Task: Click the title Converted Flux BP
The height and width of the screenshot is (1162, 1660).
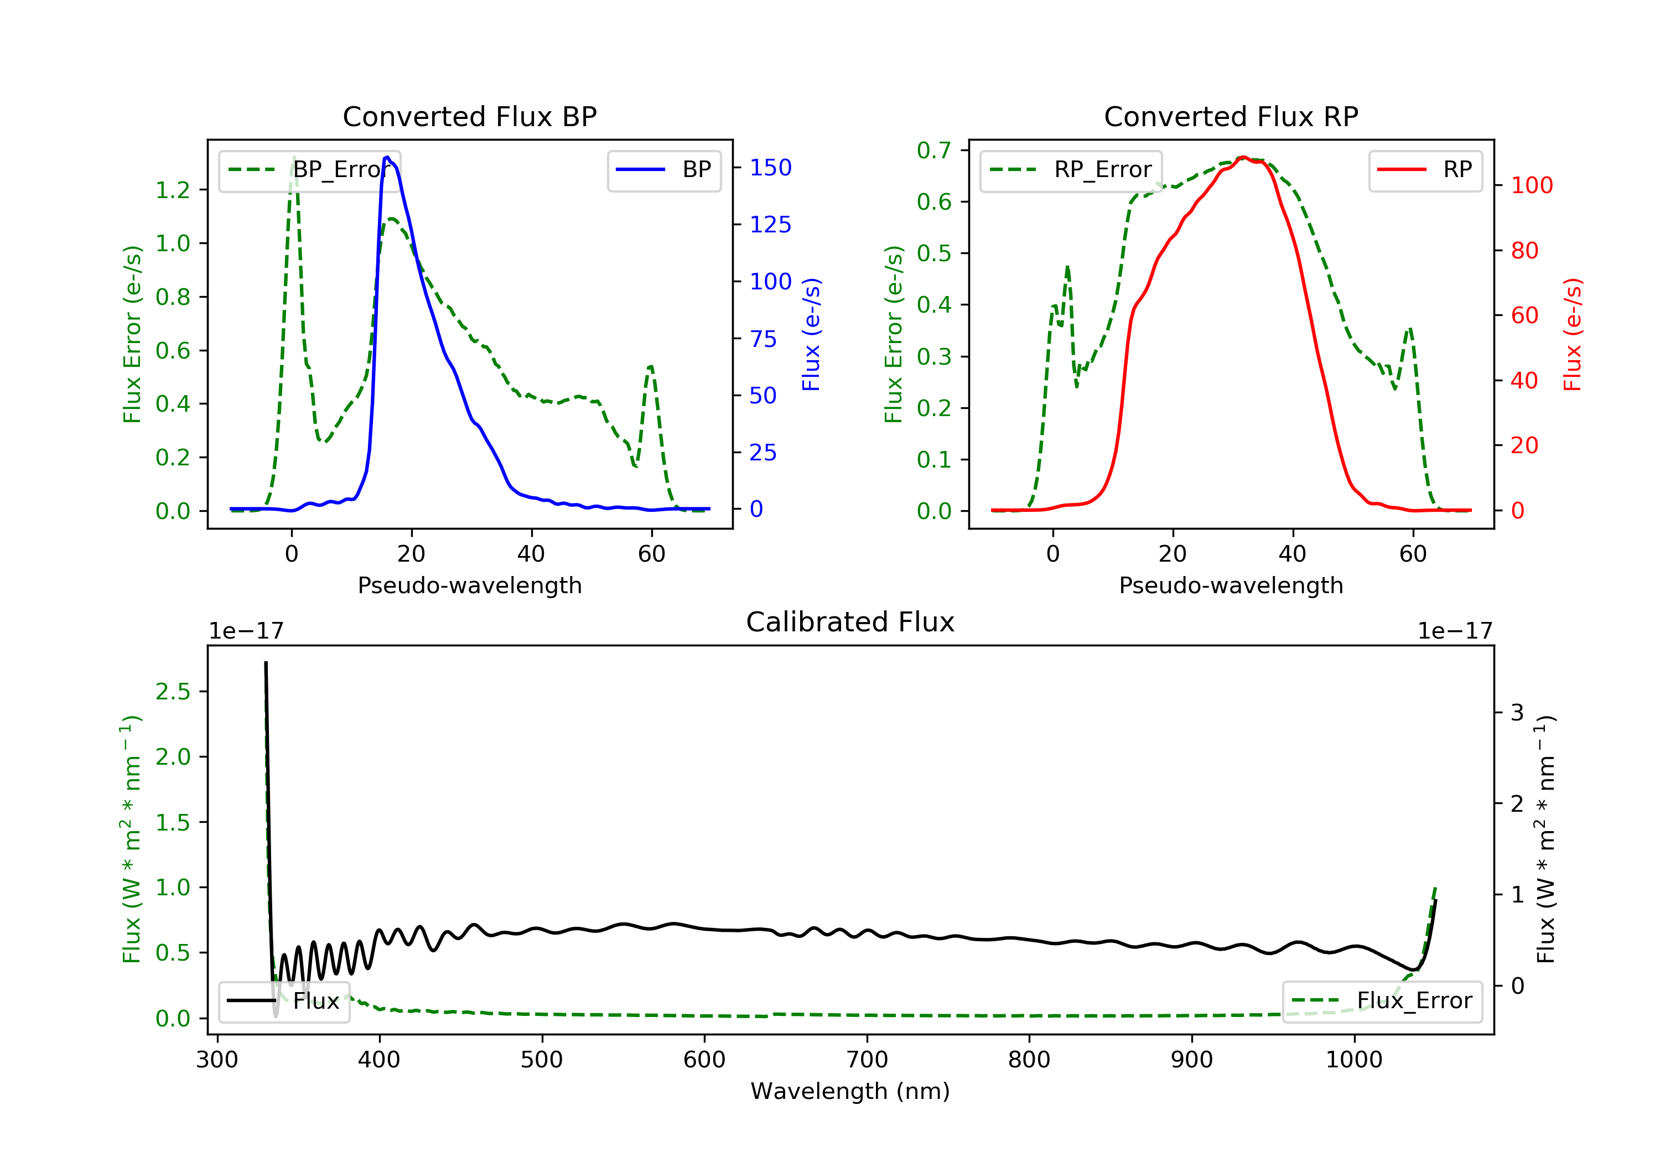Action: point(469,116)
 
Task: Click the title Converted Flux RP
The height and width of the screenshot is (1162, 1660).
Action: point(1231,116)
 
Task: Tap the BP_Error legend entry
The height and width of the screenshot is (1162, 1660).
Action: point(309,170)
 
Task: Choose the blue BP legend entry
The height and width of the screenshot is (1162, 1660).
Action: point(663,170)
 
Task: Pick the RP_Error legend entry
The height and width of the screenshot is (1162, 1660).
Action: point(1071,170)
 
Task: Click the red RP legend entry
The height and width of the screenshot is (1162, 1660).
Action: point(1425,170)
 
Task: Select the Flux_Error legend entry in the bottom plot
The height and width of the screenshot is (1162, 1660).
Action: point(1382,1001)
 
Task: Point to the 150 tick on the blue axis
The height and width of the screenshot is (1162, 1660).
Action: point(770,168)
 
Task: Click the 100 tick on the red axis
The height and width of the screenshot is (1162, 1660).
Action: point(1531,186)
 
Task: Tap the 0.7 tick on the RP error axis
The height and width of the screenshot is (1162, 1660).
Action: point(934,151)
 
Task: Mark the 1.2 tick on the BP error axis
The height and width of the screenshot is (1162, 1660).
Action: point(173,190)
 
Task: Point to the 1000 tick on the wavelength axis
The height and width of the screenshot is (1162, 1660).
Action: point(1353,1060)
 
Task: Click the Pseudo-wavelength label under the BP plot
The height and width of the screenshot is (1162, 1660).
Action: point(469,585)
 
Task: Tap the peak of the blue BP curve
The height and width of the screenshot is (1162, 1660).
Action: point(387,157)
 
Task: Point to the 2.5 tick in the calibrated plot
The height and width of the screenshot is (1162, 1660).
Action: point(173,692)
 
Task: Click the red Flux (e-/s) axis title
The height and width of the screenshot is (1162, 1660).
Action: point(1573,334)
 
